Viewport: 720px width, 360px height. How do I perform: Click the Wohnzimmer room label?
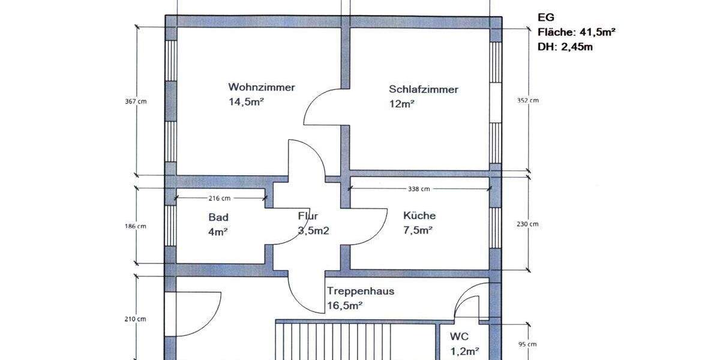click(x=262, y=87)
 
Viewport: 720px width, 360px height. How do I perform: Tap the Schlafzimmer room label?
click(x=424, y=89)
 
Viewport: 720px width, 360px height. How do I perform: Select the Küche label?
click(x=419, y=215)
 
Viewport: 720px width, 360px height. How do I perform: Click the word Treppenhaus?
click(x=361, y=291)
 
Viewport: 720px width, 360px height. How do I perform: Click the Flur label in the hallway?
click(x=308, y=216)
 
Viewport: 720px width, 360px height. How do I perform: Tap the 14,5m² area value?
click(x=246, y=101)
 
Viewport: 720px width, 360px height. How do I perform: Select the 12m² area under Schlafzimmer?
click(x=402, y=104)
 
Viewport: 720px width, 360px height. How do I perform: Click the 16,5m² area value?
click(x=346, y=305)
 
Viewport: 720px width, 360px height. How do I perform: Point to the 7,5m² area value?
click(x=418, y=230)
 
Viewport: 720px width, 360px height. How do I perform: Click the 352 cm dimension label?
click(x=529, y=100)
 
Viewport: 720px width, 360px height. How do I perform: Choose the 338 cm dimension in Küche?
click(x=419, y=189)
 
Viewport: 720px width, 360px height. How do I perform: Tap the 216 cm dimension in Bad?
click(x=220, y=197)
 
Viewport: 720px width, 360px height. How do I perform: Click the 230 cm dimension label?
click(x=529, y=224)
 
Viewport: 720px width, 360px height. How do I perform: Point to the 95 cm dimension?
click(x=527, y=344)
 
